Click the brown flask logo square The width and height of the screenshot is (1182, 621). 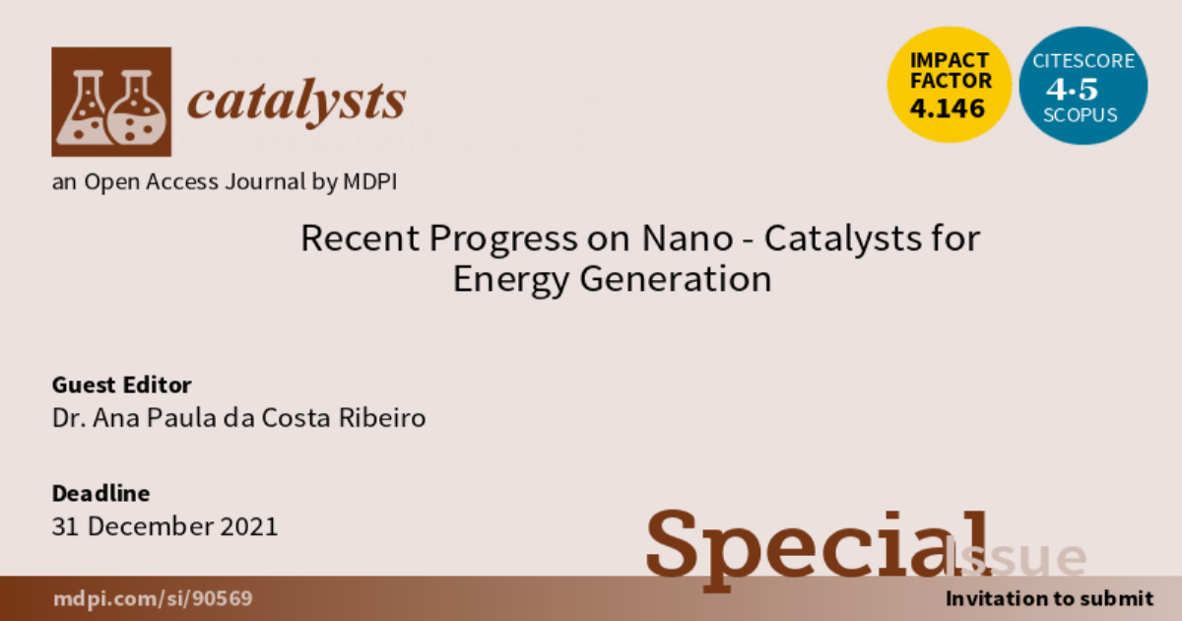111,102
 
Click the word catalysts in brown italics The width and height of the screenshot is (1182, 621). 296,101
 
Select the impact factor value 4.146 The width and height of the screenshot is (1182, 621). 948,108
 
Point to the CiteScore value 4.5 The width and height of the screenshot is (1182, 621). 1072,89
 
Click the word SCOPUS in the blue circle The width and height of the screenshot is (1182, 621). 1081,115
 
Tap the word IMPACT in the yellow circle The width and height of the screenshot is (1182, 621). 950,60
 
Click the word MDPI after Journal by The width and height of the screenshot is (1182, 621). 370,181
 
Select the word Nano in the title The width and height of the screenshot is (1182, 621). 688,239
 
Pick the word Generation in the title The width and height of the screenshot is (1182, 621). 676,278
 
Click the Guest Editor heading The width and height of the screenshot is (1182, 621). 121,385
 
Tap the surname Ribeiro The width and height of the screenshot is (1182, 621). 382,418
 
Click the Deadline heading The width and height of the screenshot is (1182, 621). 100,493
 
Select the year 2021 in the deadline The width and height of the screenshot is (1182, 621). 248,526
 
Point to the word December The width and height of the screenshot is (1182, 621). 150,526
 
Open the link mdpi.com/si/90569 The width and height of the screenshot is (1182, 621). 153,598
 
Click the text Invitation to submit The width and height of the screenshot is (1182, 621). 1049,599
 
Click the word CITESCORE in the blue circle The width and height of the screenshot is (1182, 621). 1083,61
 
